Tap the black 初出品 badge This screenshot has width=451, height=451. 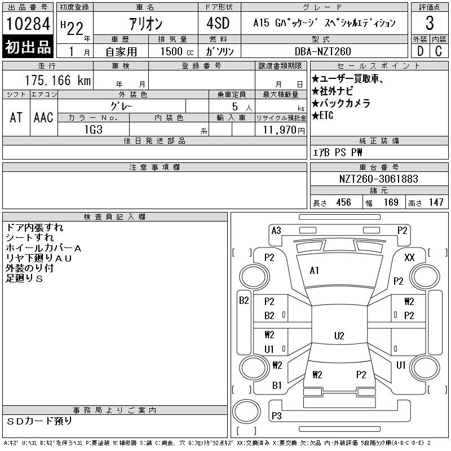point(28,47)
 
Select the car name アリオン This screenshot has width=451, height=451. point(145,24)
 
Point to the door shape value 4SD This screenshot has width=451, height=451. point(214,24)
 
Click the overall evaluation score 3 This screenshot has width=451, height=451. point(430,24)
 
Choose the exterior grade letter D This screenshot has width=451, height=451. point(419,51)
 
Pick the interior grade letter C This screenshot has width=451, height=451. point(438,51)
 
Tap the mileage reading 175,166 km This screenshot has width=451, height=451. point(56,80)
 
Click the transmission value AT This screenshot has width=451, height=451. point(16,117)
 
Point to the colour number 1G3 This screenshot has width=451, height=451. point(93,130)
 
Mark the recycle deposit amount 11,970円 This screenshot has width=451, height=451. point(280,130)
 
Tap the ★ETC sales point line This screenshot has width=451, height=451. point(323,116)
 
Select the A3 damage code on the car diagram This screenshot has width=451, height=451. point(276,230)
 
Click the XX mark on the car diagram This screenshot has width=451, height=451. point(410,257)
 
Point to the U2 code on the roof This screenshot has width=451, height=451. point(339,336)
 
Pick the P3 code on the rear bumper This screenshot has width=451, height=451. point(276,416)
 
